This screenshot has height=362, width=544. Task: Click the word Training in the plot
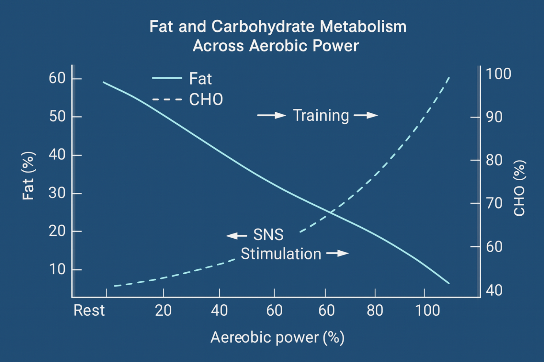tap(321, 116)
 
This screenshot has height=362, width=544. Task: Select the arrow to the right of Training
tap(366, 115)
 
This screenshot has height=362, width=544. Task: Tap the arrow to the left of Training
tap(271, 115)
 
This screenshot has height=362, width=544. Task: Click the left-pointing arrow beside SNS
tap(237, 236)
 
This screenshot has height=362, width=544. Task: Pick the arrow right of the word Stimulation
tap(337, 253)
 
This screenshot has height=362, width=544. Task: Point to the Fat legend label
tap(200, 79)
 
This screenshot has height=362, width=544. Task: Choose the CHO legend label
tap(206, 100)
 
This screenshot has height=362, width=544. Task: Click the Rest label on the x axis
tap(89, 311)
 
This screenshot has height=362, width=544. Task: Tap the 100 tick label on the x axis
tap(427, 311)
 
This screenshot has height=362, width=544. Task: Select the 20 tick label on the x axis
tap(163, 311)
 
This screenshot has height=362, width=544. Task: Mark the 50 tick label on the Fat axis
tap(57, 117)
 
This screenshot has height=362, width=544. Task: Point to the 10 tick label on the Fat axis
tap(57, 269)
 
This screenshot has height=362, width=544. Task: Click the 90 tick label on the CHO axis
tap(494, 117)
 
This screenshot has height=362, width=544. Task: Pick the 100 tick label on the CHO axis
tap(498, 74)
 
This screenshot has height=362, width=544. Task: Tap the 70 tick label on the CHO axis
tap(494, 203)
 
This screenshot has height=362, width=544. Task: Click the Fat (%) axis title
tap(28, 176)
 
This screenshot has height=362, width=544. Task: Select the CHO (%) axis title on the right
tap(519, 188)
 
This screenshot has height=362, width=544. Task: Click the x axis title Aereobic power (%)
tap(277, 337)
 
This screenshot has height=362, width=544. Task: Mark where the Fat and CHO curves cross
tap(331, 211)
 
